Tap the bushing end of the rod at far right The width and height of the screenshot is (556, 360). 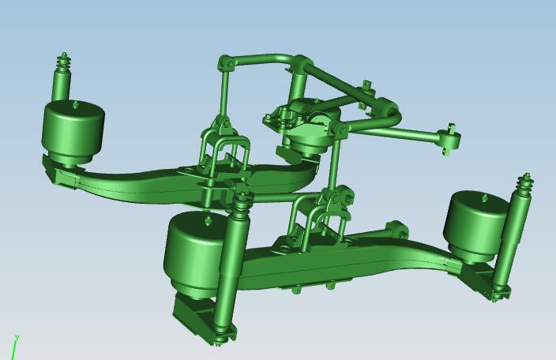pos(451,139)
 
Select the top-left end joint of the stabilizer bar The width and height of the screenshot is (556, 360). pos(225,62)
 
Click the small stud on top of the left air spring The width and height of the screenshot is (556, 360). pos(75,103)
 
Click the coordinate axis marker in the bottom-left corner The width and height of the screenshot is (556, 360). pos(14,345)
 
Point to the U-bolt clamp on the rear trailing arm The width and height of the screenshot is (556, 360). pos(227,154)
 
